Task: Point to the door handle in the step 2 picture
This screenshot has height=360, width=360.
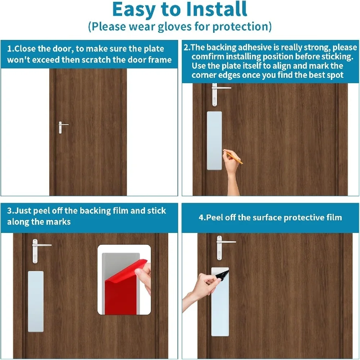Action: point(218,94)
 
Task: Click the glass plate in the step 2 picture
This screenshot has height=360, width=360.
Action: point(215,140)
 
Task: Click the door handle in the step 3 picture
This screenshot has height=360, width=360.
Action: point(39,250)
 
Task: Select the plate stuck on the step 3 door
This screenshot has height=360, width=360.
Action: point(36,301)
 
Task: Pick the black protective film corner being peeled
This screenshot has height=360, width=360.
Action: point(223,275)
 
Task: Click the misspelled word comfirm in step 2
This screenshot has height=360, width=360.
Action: point(208,57)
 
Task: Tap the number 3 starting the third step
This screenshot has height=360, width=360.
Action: point(9,211)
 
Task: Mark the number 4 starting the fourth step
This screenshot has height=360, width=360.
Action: point(201,217)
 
